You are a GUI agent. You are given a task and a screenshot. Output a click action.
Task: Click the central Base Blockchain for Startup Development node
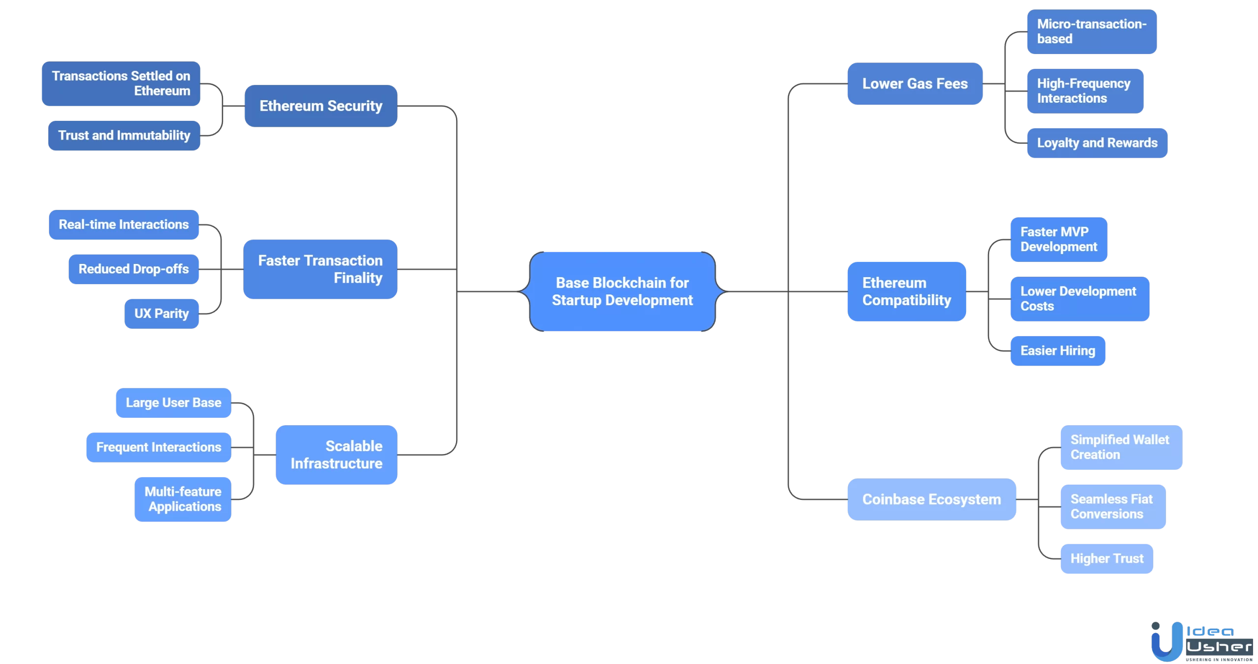pyautogui.click(x=622, y=291)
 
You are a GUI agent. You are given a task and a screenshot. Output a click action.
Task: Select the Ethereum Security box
pyautogui.click(x=321, y=106)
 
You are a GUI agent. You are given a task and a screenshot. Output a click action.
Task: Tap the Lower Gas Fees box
pyautogui.click(x=915, y=84)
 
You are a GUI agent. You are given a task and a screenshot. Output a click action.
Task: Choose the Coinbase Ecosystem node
pyautogui.click(x=931, y=499)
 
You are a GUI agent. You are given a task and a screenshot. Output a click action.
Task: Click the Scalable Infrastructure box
pyautogui.click(x=337, y=455)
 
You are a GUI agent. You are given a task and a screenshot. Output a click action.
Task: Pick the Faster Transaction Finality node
pyautogui.click(x=320, y=269)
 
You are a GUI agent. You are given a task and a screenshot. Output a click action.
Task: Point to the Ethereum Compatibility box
pyautogui.click(x=907, y=291)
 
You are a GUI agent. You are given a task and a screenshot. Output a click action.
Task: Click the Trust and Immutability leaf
pyautogui.click(x=124, y=135)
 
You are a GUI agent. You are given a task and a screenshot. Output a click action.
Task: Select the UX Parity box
pyautogui.click(x=162, y=314)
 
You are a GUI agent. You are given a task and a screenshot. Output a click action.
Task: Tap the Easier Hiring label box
pyautogui.click(x=1058, y=351)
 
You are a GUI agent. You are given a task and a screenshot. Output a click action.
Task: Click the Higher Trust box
pyautogui.click(x=1107, y=559)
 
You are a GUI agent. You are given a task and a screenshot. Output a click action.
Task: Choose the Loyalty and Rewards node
pyautogui.click(x=1097, y=143)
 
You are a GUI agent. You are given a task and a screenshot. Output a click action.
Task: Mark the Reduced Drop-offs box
pyautogui.click(x=134, y=269)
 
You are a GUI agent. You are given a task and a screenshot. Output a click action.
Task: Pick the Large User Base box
pyautogui.click(x=173, y=403)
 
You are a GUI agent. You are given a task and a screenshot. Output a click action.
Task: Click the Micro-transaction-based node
pyautogui.click(x=1091, y=31)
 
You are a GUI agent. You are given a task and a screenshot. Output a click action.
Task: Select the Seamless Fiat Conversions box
pyautogui.click(x=1113, y=507)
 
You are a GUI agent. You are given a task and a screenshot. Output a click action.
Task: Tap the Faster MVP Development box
pyautogui.click(x=1058, y=239)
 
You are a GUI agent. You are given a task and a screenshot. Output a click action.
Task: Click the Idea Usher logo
pyautogui.click(x=1201, y=641)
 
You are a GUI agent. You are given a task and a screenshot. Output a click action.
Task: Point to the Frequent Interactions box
pyautogui.click(x=159, y=447)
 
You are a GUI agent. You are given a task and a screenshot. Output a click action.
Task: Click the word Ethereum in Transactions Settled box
pyautogui.click(x=162, y=91)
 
